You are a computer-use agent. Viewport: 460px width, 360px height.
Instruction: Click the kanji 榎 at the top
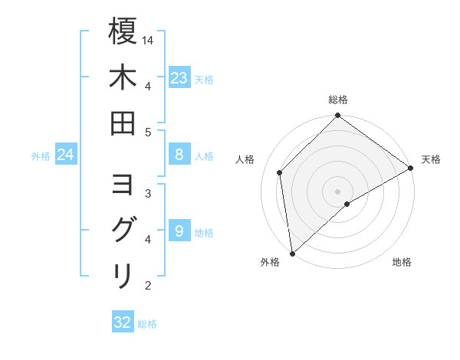pos(123,32)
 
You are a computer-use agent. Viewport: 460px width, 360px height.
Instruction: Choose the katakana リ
pos(123,275)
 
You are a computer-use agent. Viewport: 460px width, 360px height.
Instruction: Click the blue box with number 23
pos(179,77)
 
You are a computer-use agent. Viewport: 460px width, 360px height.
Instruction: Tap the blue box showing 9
pos(179,231)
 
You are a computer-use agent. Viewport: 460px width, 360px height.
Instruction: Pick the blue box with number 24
pos(66,155)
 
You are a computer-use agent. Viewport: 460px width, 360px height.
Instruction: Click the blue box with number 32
pos(123,322)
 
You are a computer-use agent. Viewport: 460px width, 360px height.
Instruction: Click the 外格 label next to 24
pos(41,156)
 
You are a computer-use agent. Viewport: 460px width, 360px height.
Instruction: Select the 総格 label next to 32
pos(148,323)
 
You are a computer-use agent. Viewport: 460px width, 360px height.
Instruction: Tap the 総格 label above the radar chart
pos(338,100)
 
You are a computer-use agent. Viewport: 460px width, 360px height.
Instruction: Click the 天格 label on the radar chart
pos(431,159)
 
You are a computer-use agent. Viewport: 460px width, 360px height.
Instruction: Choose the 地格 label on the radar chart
pos(402,262)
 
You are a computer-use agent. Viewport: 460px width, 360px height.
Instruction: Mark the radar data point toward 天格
pos(410,168)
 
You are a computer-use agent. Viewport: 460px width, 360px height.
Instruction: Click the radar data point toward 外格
pos(292,253)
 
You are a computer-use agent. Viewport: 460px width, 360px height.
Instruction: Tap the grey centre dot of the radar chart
pos(338,190)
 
